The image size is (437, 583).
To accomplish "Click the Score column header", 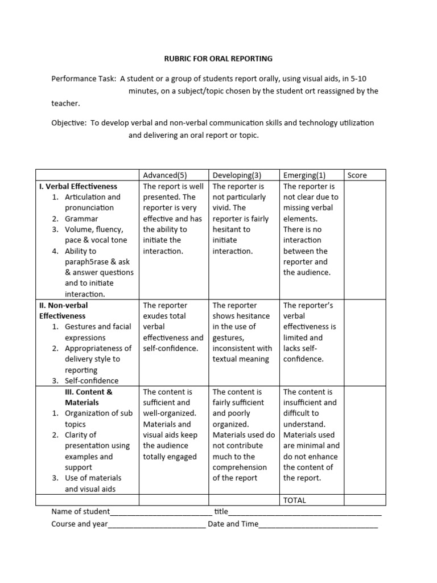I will (357, 175).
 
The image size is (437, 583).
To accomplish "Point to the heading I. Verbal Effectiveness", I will (78, 186).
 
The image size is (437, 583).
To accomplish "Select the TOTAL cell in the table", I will (294, 500).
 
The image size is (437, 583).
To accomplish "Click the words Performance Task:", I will (84, 79).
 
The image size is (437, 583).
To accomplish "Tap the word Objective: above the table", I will (68, 123).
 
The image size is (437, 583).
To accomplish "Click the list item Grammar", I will (81, 219).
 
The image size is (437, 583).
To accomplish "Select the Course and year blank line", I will (156, 524).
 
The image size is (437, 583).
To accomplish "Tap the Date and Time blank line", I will (318, 524).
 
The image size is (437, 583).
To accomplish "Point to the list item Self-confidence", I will (92, 381).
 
